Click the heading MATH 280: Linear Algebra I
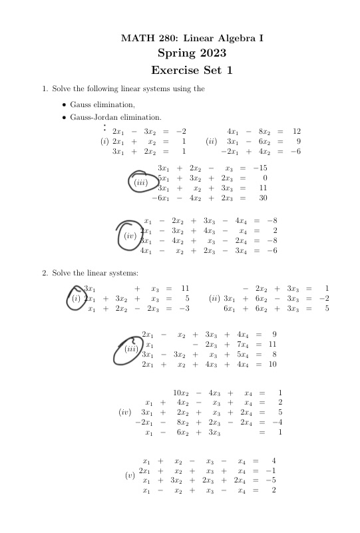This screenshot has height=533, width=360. pyautogui.click(x=192, y=39)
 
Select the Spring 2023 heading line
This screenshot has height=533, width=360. pyautogui.click(x=192, y=53)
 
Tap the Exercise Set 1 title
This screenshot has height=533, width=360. pyautogui.click(x=192, y=70)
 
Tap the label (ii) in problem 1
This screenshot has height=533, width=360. pyautogui.click(x=212, y=142)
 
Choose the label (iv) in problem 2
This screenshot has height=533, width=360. pyautogui.click(x=124, y=413)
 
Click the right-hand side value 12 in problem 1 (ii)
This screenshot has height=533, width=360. pyautogui.click(x=297, y=131)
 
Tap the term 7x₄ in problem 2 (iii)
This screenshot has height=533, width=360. pyautogui.click(x=250, y=345)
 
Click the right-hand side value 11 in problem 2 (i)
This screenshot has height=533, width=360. pyautogui.click(x=186, y=289)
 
